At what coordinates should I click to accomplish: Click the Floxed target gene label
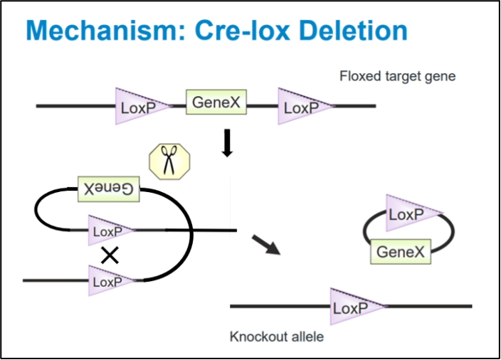[x=397, y=75]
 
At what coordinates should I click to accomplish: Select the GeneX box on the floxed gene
[x=216, y=103]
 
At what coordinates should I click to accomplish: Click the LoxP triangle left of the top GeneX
[x=139, y=107]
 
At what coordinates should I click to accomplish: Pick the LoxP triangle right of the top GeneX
[x=302, y=107]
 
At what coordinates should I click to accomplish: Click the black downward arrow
[x=228, y=142]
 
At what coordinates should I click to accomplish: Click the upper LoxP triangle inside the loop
[x=108, y=231]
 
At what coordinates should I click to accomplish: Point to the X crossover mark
[x=110, y=255]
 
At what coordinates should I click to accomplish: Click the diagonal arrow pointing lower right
[x=265, y=244]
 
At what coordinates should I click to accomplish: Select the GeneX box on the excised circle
[x=400, y=251]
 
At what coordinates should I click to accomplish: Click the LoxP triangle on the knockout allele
[x=353, y=307]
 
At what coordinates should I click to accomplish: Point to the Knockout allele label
[x=270, y=336]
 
